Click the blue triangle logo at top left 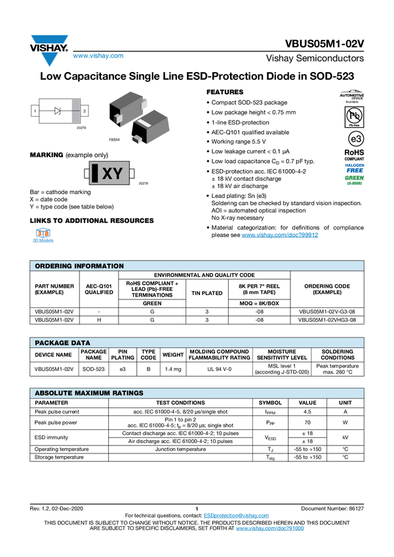point(48,58)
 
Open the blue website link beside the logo point(98,56)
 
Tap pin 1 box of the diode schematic point(34,111)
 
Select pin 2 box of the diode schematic point(84,111)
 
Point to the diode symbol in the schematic point(58,111)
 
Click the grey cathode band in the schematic point(75,111)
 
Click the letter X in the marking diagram point(108,174)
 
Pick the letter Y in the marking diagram point(117,174)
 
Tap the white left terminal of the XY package point(87,174)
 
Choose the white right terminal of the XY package point(132,174)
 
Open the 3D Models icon point(43,237)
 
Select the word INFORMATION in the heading point(98,266)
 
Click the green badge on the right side point(355,180)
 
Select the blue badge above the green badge point(355,166)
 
